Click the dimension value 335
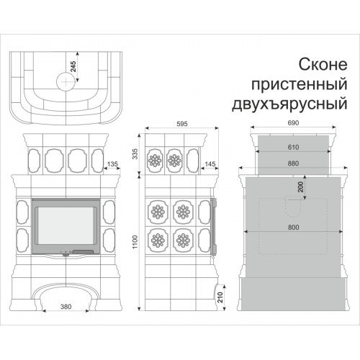(x=134, y=153)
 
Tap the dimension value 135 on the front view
(x=112, y=165)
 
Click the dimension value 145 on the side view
(x=210, y=165)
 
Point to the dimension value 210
(x=221, y=295)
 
